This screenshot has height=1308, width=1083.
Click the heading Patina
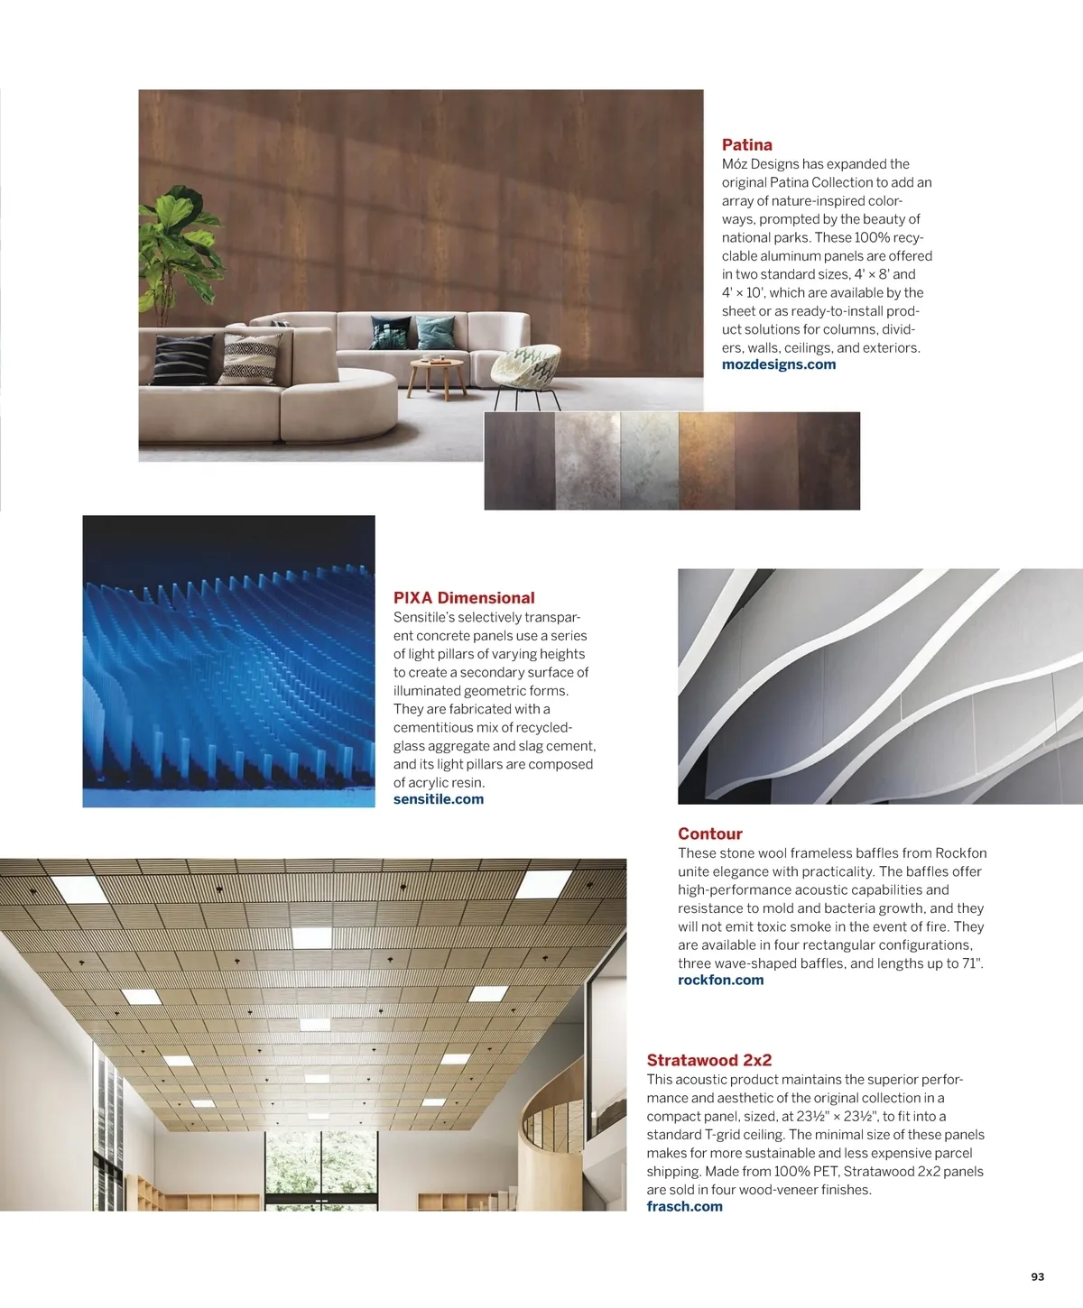pyautogui.click(x=746, y=144)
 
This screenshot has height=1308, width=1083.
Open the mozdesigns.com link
pyautogui.click(x=778, y=364)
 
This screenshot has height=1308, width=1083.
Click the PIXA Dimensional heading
pyautogui.click(x=464, y=597)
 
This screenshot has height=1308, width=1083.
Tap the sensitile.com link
pyautogui.click(x=438, y=799)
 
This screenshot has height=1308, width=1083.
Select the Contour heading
pyautogui.click(x=709, y=834)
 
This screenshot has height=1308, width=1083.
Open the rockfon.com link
pyautogui.click(x=720, y=980)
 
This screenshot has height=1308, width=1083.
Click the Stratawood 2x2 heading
pyautogui.click(x=708, y=1060)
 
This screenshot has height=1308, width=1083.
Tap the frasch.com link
pyautogui.click(x=684, y=1206)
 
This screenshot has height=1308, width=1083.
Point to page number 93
pyautogui.click(x=1037, y=1276)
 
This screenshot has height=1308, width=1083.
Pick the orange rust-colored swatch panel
pyautogui.click(x=706, y=460)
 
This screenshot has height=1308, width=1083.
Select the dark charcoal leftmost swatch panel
pyautogui.click(x=519, y=460)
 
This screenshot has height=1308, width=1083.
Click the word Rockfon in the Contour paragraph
pyautogui.click(x=960, y=853)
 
